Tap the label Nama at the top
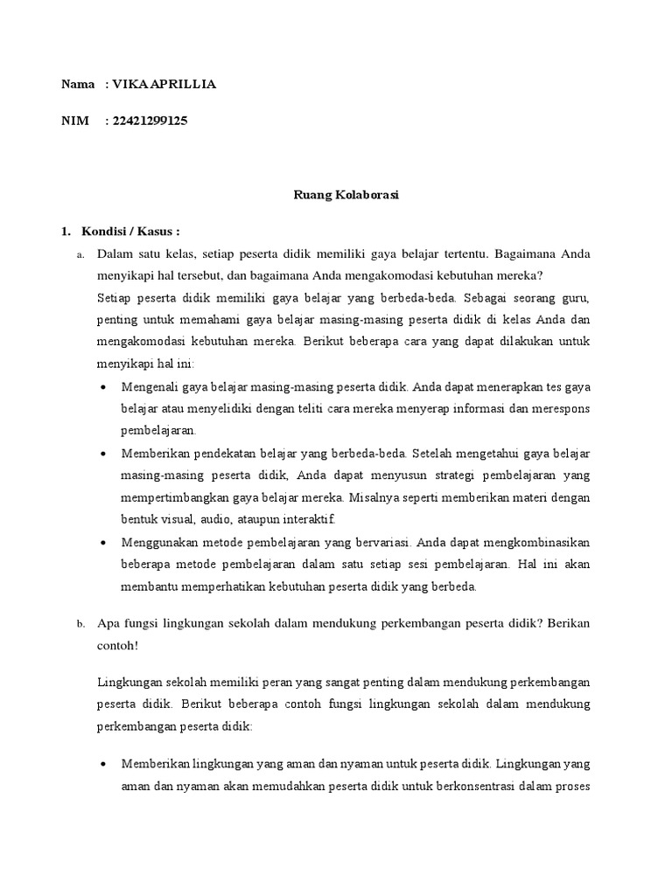point(78,85)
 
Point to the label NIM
point(75,121)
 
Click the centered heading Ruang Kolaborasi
point(346,196)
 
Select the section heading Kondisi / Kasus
point(130,232)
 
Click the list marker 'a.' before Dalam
point(80,255)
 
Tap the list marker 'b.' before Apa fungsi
point(80,624)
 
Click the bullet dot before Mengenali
point(105,386)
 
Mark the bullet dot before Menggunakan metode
point(105,543)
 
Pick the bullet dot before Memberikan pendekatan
point(105,454)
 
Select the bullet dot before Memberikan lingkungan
point(105,763)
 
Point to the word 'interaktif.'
point(274,519)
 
